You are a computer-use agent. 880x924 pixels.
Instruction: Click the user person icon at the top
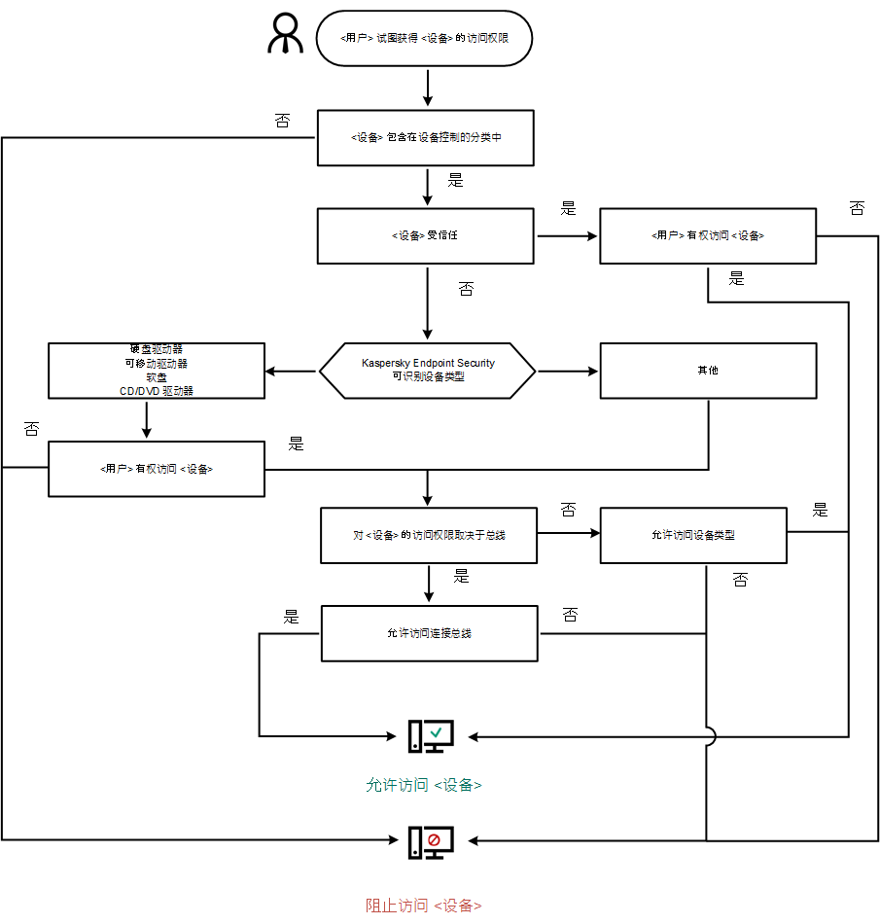[286, 36]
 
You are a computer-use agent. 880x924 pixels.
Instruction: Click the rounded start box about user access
[425, 39]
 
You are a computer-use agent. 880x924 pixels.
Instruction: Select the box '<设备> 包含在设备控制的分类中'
[426, 138]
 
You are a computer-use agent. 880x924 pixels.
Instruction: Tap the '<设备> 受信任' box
[426, 235]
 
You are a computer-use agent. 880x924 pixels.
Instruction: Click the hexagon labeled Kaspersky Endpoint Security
[428, 370]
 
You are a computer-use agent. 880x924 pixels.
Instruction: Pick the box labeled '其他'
[707, 371]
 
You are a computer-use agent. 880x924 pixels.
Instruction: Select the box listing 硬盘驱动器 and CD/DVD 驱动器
[157, 371]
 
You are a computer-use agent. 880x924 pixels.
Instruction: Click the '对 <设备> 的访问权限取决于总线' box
[429, 535]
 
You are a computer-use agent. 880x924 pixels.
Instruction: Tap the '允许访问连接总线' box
[429, 633]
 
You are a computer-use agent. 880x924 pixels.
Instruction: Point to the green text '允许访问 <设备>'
[424, 785]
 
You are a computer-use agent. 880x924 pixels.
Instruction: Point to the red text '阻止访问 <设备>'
[424, 906]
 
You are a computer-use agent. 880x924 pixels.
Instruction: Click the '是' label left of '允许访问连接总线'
[291, 617]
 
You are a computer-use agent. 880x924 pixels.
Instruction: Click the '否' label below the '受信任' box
[467, 289]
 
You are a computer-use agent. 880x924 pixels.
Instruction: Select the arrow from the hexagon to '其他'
[568, 371]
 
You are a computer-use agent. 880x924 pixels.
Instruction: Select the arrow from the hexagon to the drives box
[292, 371]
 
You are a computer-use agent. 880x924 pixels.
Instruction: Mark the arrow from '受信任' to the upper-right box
[566, 235]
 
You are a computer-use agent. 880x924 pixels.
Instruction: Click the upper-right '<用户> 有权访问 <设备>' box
[707, 235]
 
